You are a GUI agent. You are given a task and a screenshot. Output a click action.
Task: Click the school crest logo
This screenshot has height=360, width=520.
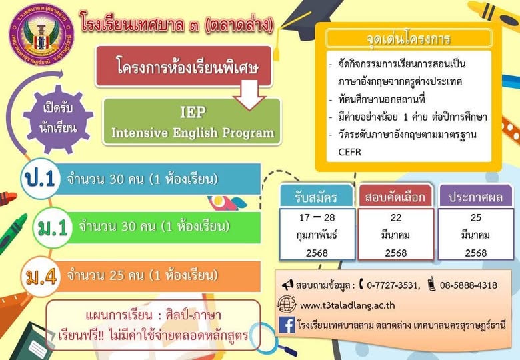point(41,35)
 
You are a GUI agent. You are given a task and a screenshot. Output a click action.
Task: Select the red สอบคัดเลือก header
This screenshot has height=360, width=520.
point(396,197)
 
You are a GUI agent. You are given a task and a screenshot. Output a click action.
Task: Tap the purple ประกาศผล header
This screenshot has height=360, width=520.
point(476,197)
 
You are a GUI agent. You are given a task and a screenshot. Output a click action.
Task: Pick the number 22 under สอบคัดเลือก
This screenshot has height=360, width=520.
point(396,217)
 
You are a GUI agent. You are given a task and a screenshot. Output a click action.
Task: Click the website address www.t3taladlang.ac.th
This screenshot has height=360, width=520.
point(349,305)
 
